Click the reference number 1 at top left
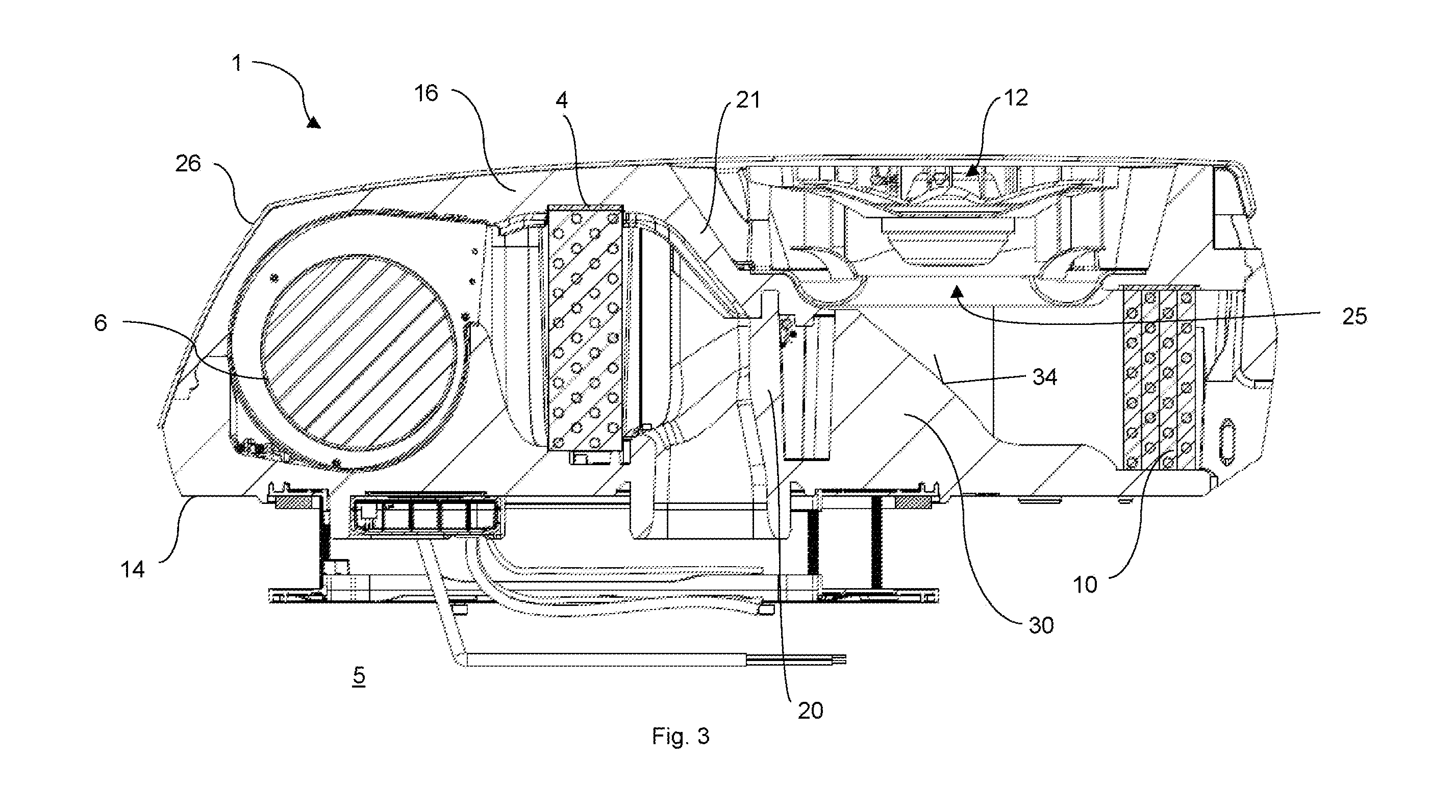coord(237,64)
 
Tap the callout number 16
coord(427,93)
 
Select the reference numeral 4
coord(562,100)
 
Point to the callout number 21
coord(748,100)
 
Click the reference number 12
coord(1016,97)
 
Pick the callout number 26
coord(188,163)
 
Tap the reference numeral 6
coord(101,323)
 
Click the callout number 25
coord(1354,316)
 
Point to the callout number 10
coord(1085,585)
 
